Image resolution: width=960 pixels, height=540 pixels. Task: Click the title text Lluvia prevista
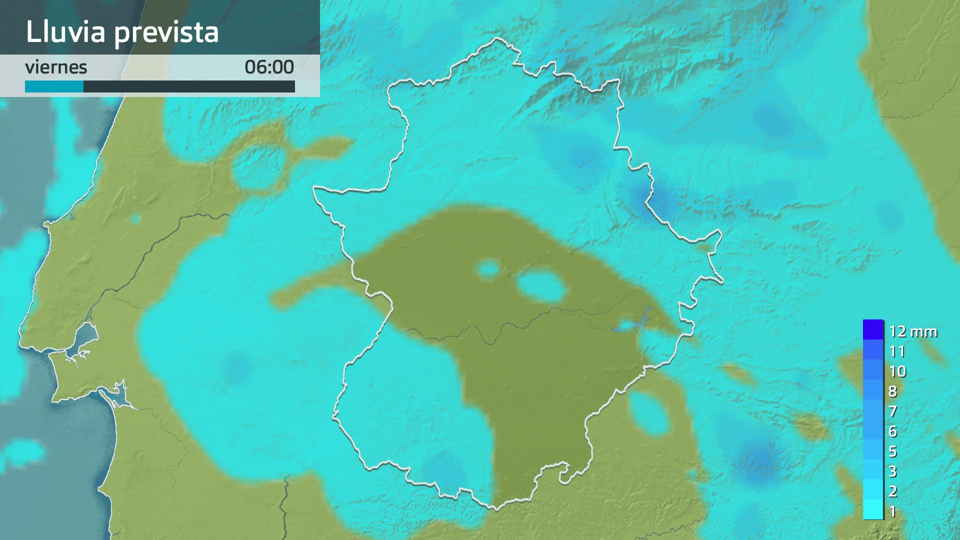[122, 32]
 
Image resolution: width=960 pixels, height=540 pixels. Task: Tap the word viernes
[56, 67]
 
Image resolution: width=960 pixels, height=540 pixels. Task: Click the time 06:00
[269, 67]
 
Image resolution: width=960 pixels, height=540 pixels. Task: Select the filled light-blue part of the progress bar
[54, 86]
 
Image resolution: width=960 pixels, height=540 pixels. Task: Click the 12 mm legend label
[912, 331]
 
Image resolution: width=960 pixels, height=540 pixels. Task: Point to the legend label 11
[897, 351]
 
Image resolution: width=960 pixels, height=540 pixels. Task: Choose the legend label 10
[897, 371]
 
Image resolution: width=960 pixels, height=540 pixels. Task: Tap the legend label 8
[893, 391]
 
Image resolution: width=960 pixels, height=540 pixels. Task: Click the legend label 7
[893, 411]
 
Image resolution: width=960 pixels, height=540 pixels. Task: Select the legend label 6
[893, 431]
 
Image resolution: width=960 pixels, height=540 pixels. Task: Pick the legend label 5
[893, 451]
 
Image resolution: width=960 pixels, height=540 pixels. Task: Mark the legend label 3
[893, 471]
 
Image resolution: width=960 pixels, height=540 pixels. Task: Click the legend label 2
[893, 491]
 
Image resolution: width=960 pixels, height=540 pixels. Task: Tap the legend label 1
[893, 511]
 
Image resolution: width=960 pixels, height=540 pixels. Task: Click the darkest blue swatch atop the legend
[873, 329]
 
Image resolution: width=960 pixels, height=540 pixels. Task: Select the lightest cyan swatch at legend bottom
[873, 509]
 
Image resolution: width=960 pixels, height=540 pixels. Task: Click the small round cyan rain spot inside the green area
[488, 270]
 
